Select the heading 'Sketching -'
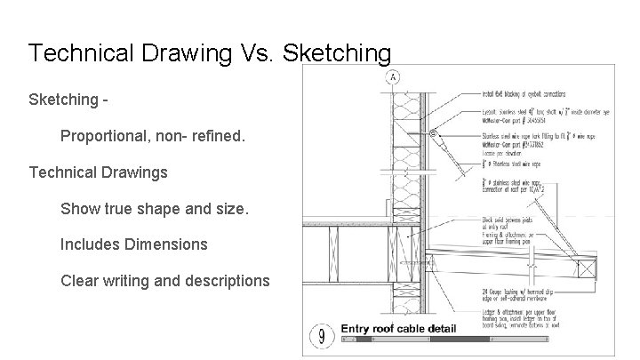pos(70,100)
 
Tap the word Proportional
pos(106,137)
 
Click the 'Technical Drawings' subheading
pos(98,172)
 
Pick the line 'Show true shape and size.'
pos(155,209)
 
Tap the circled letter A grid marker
pos(393,78)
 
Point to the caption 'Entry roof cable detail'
pos(399,329)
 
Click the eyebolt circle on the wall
pos(433,134)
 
